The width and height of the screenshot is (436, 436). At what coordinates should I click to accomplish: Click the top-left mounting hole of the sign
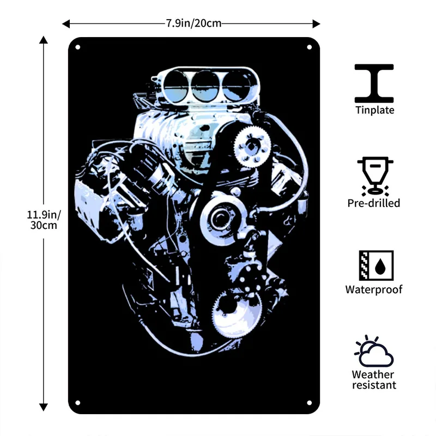(x=77, y=47)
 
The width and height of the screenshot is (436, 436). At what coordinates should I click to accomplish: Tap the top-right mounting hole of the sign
(x=309, y=47)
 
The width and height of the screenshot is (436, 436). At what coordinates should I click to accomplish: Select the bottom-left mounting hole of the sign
(x=77, y=403)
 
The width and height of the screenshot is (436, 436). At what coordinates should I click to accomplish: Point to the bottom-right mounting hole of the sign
(x=309, y=403)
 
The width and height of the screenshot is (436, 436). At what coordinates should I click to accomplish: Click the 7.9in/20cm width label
(x=194, y=23)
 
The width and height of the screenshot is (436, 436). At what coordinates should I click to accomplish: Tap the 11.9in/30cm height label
(x=44, y=220)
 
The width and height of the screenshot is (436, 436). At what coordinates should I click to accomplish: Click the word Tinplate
(x=375, y=110)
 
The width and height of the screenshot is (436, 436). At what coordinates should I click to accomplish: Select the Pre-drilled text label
(x=374, y=203)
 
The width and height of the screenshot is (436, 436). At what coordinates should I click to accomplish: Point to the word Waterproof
(x=374, y=289)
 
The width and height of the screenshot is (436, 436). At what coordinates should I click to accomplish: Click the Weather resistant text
(x=374, y=380)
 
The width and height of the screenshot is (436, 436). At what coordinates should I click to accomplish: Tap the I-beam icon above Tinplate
(x=374, y=83)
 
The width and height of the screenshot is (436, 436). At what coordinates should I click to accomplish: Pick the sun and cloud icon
(x=374, y=351)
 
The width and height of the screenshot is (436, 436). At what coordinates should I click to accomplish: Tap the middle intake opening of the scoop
(x=205, y=86)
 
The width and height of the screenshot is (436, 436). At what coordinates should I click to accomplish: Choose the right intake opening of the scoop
(x=237, y=86)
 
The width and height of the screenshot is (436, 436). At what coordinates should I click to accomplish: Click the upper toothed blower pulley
(x=252, y=147)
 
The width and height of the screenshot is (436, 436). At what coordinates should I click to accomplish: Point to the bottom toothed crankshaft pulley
(x=237, y=312)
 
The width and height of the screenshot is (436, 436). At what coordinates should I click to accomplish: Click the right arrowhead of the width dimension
(x=316, y=24)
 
